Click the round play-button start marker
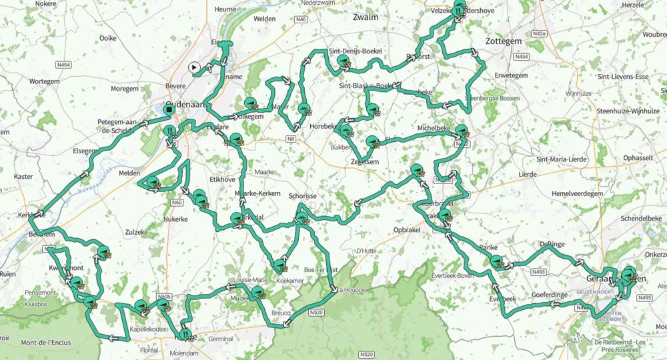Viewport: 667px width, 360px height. pyautogui.click(x=193, y=67)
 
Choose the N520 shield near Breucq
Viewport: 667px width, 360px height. pyautogui.click(x=317, y=313)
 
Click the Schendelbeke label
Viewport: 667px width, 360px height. pyautogui.click(x=640, y=218)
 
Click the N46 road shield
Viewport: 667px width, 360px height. pyautogui.click(x=301, y=19)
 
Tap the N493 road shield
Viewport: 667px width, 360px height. pyautogui.click(x=540, y=272)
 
